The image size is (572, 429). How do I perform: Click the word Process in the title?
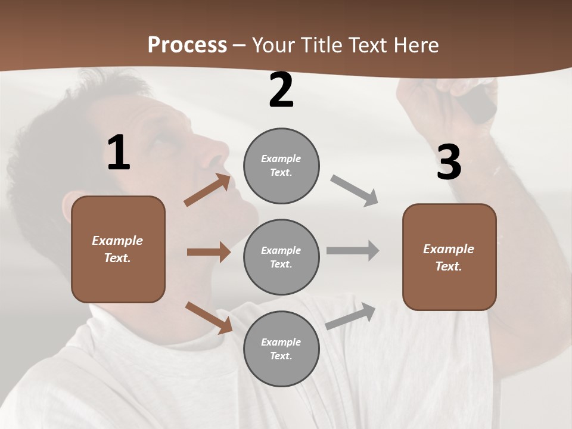[x=187, y=45]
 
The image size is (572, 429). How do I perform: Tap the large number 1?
[x=119, y=153]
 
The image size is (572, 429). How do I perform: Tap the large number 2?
[x=281, y=91]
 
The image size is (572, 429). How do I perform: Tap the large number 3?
[x=449, y=163]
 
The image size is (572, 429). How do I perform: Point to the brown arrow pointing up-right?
[x=207, y=190]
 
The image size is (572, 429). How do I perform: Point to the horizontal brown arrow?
[x=209, y=252]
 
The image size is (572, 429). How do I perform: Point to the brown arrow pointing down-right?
[x=209, y=318]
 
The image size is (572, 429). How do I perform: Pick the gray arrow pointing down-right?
[x=355, y=191]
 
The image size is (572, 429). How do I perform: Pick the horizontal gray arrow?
[x=353, y=251]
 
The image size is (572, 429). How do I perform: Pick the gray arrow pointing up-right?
[x=350, y=316]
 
